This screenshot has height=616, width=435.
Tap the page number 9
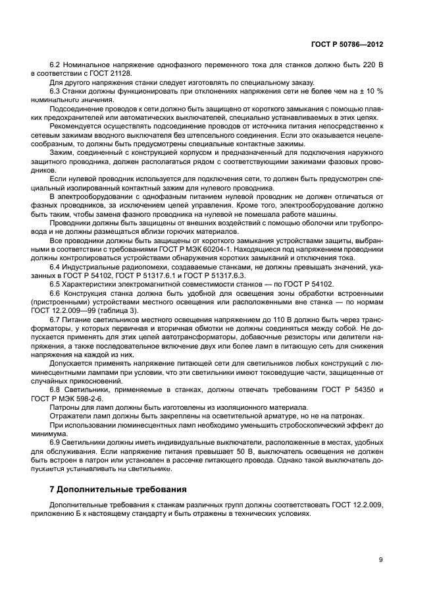click(380, 559)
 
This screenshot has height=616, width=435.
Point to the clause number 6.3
click(55, 90)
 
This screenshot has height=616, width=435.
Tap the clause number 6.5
click(55, 284)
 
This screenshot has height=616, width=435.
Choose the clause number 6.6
click(55, 292)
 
